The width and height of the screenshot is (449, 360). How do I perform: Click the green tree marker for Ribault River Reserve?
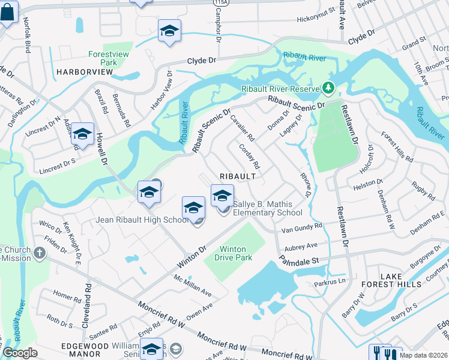pos(328,89)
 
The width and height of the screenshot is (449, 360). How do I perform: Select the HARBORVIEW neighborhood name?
pos(85,72)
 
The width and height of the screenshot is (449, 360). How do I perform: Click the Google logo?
pos(20,353)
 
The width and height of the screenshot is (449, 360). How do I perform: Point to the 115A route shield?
pos(217,3)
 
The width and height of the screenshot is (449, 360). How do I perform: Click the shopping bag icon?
pos(8,13)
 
